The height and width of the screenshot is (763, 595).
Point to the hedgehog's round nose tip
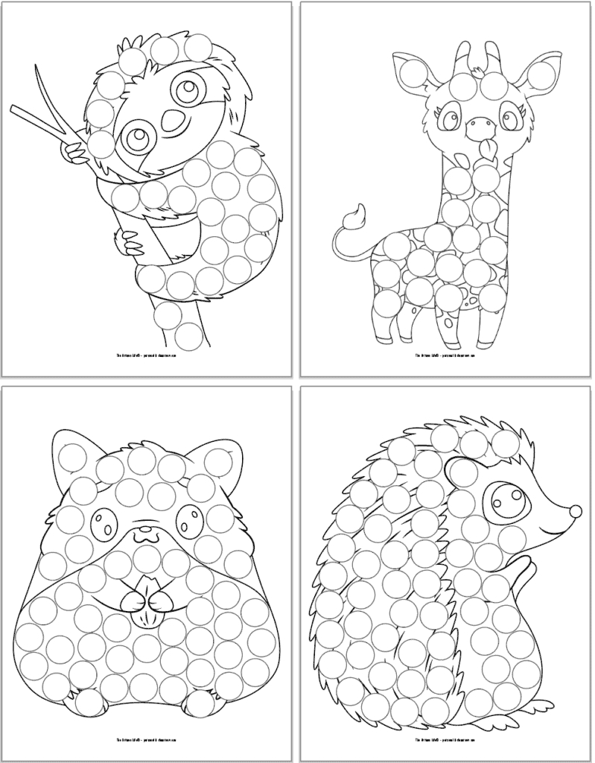pos(575,510)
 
